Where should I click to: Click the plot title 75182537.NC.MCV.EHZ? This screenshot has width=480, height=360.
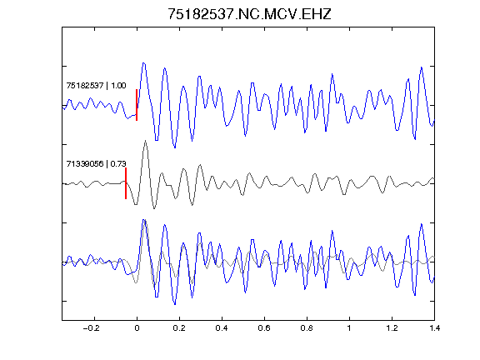[249, 14]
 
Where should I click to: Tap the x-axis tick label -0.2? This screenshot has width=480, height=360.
[92, 328]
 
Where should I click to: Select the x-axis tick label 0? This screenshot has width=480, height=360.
[137, 328]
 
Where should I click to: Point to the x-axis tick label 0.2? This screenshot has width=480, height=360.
[179, 328]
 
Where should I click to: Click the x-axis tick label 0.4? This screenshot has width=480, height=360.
[222, 328]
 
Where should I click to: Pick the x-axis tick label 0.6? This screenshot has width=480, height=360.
[264, 328]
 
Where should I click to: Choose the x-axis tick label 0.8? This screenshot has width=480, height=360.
[307, 328]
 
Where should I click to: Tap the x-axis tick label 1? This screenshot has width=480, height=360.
[349, 328]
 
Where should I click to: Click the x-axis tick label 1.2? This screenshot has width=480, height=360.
[392, 328]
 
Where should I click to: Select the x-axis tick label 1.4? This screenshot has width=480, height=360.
[434, 328]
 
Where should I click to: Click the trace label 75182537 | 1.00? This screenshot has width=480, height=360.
[96, 85]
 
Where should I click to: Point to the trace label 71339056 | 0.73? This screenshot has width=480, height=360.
[96, 164]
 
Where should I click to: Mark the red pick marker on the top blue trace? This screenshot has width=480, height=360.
[137, 105]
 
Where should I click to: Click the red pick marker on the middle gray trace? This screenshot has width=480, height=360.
[126, 183]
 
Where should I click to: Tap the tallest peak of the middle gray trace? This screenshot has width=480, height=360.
[145, 141]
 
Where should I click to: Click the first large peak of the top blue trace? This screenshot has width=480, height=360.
[143, 63]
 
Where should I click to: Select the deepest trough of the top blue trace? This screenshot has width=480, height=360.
[175, 147]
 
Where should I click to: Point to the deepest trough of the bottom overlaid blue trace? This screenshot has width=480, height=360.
[175, 304]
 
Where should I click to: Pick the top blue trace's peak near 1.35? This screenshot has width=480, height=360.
[422, 67]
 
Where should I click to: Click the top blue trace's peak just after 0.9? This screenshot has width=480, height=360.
[332, 74]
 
